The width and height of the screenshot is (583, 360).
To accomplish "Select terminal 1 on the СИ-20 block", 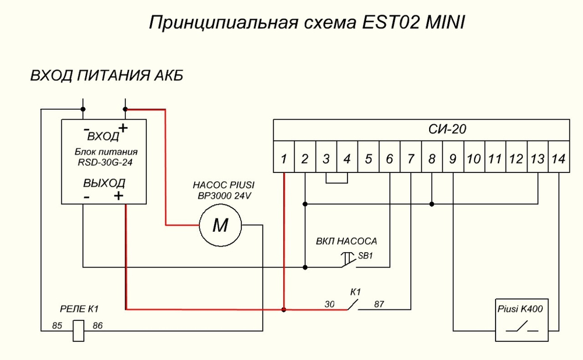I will click(x=283, y=158).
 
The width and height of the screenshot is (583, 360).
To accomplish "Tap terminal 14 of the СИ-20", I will click(x=559, y=158).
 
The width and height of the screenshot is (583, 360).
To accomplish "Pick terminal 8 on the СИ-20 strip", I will click(x=431, y=158).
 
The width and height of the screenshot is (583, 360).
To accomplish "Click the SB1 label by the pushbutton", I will click(x=365, y=256).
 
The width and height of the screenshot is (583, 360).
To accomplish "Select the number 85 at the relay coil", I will click(x=57, y=326).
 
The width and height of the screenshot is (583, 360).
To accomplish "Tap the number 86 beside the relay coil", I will click(x=97, y=326).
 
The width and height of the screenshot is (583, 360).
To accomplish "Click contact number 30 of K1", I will click(x=329, y=304).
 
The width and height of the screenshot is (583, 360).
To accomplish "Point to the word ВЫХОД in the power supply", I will click(x=104, y=183).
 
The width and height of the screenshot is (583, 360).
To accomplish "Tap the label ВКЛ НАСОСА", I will click(x=346, y=241).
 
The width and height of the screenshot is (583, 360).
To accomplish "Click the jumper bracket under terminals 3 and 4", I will click(x=336, y=179).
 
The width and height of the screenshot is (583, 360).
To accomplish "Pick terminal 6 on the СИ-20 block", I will click(x=389, y=158).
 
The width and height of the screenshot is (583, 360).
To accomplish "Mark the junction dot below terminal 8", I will click(x=431, y=204).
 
